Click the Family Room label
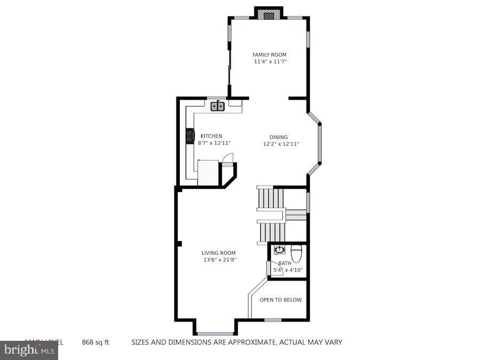(269, 54)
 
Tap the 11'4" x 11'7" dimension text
(269, 62)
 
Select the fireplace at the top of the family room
(268, 15)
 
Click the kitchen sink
(217, 106)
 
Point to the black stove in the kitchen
(189, 137)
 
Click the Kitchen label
(211, 136)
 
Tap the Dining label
(278, 137)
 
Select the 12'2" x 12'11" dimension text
(281, 144)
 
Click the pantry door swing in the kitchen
(228, 158)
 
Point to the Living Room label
(218, 253)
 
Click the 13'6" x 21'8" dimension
(219, 260)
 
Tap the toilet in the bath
(297, 251)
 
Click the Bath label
(284, 263)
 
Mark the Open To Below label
(280, 300)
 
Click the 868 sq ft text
(95, 342)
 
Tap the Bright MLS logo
(29, 350)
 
